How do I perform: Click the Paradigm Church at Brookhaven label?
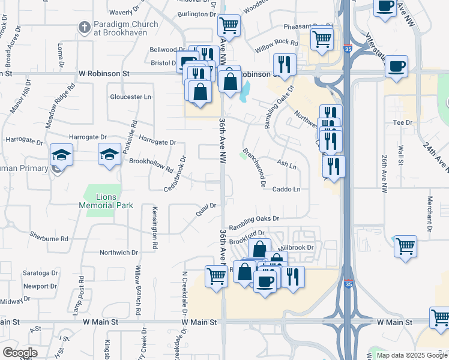click(126, 28)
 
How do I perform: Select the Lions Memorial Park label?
click(105, 201)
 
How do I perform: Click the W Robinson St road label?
click(104, 73)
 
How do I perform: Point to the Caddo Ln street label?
click(288, 189)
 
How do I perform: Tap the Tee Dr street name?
click(402, 122)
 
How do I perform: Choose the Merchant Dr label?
click(430, 214)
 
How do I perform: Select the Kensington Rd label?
click(154, 229)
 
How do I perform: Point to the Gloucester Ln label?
click(130, 97)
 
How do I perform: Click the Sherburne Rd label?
click(49, 238)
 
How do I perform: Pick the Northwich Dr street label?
click(118, 253)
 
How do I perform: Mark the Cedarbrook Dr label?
click(175, 174)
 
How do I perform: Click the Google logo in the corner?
click(20, 353)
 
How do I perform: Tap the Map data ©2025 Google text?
click(411, 355)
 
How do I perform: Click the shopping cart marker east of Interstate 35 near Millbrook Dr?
click(405, 245)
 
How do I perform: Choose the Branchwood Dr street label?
click(254, 168)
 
